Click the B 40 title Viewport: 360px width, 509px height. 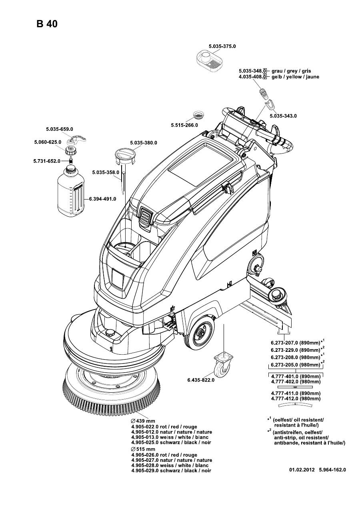click(x=47, y=24)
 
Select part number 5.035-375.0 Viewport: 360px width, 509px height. click(x=222, y=46)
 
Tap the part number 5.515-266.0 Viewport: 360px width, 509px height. click(x=185, y=125)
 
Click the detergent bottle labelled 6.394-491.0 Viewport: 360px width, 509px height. click(x=71, y=192)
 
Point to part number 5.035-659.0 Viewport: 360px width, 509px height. click(x=59, y=129)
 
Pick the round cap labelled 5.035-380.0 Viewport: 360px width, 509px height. click(x=125, y=156)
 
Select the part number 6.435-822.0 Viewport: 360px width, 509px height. click(x=201, y=380)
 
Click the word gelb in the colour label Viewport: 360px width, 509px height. click(x=277, y=77)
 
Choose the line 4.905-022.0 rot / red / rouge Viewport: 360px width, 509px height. click(x=164, y=427)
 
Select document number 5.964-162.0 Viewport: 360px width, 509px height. click(x=332, y=470)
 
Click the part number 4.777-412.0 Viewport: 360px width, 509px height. click(x=284, y=399)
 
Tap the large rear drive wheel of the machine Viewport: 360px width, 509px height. click(x=200, y=331)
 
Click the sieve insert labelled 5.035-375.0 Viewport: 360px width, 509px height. click(x=209, y=60)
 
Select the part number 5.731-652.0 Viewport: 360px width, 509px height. click(x=46, y=161)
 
